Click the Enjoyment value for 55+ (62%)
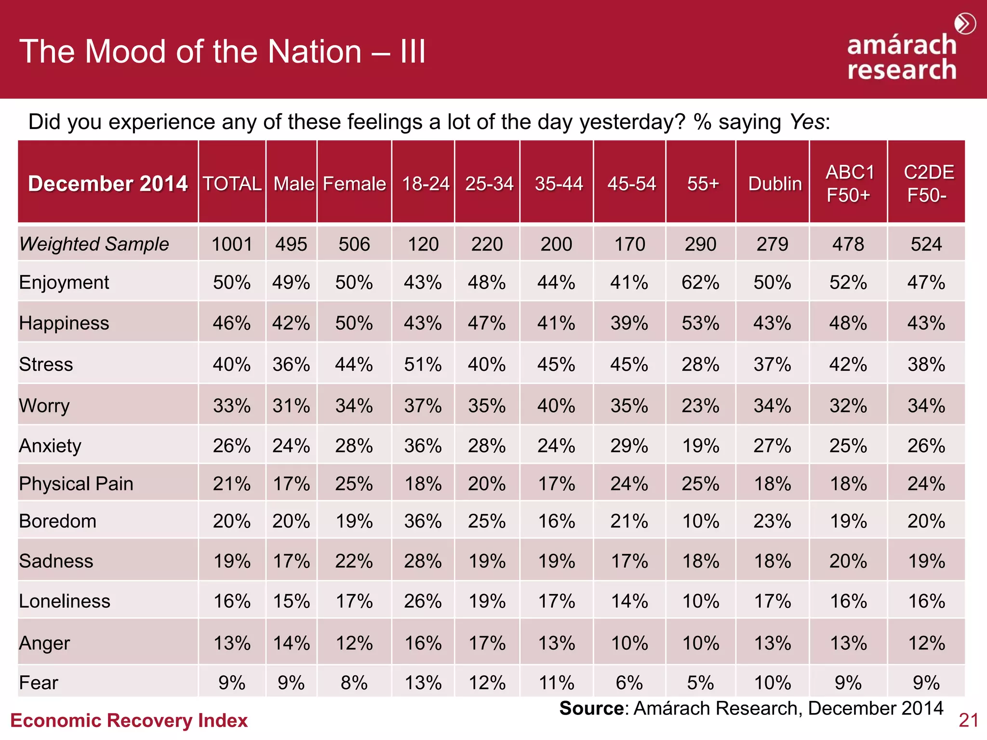700,282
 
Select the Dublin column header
774,184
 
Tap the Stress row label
46,364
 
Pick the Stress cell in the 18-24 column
423,364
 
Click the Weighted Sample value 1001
232,244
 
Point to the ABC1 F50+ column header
849,184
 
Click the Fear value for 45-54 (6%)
629,683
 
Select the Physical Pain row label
76,484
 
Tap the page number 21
968,720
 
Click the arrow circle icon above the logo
965,24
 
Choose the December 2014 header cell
107,184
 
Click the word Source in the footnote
591,708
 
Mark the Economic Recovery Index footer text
129,720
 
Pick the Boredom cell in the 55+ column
701,521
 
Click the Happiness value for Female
354,323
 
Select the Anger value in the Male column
291,643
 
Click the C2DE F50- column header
927,184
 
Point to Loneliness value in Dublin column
773,601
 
